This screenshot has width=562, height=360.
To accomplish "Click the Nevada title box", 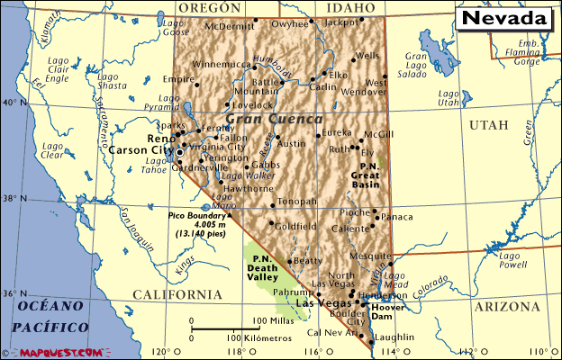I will click(x=507, y=18).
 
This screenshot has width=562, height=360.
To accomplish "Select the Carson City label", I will click(x=140, y=150).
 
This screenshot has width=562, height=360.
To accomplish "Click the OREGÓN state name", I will click(x=209, y=8).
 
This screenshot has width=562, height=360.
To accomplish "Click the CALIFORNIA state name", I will click(x=177, y=295).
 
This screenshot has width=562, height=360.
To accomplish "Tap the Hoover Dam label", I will click(x=388, y=310).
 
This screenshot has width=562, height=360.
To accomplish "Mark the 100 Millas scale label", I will click(x=270, y=320).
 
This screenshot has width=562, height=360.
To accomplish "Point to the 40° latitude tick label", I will click(x=9, y=103).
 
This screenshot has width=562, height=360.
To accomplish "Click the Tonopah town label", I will click(x=297, y=202).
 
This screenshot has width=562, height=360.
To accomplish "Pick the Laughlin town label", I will click(x=393, y=337).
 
